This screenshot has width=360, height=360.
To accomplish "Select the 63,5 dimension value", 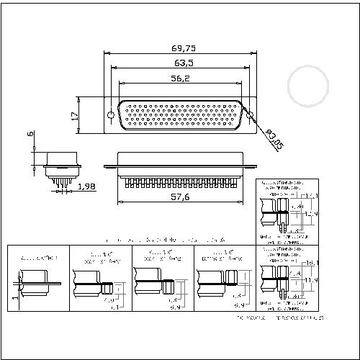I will point(181,63).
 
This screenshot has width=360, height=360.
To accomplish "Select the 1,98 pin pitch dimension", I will point(86,187).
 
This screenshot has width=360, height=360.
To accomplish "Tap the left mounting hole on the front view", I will point(110,115).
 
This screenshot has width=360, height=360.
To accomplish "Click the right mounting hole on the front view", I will point(251,115).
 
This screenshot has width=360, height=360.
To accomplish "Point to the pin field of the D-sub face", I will point(181,115).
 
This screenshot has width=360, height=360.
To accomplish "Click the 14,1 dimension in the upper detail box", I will point(310,196).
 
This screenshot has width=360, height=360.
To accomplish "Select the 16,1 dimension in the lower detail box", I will point(310,264).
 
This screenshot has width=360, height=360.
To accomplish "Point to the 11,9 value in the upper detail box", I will point(310,214).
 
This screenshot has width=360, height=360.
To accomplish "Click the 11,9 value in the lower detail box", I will point(310,279).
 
